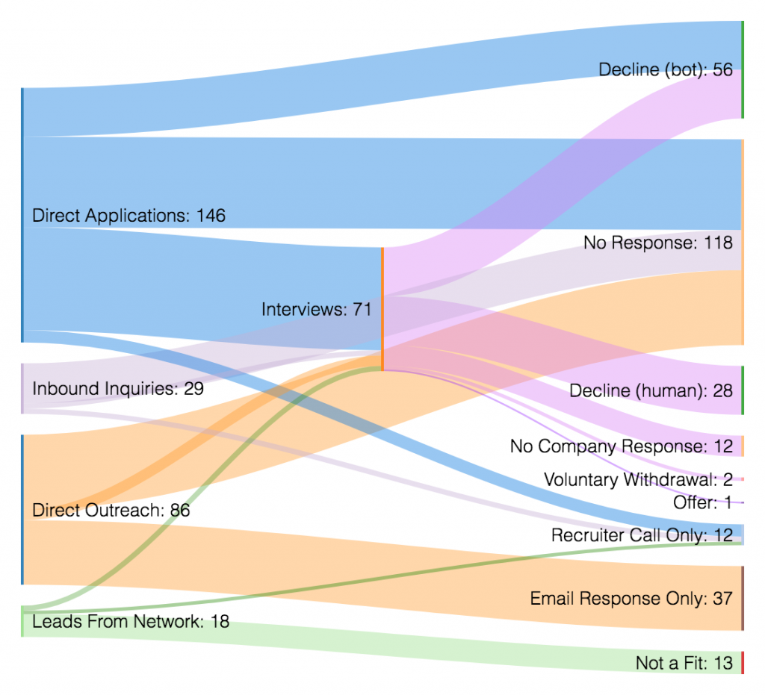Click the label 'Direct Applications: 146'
(128, 216)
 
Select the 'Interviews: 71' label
(317, 309)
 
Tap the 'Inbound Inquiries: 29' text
(118, 388)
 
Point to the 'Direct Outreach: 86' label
(111, 511)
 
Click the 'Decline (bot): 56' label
(666, 69)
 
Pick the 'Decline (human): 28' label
(651, 390)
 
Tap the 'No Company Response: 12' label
(622, 446)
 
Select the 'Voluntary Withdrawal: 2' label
(638, 479)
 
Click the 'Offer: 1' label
(703, 502)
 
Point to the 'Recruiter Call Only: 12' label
(642, 535)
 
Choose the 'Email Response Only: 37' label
(631, 598)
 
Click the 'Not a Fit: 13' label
(684, 663)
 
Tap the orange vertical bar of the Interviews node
(382, 309)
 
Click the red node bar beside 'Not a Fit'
(743, 663)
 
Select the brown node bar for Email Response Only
(743, 598)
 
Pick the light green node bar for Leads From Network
(23, 621)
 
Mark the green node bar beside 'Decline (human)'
(743, 390)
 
